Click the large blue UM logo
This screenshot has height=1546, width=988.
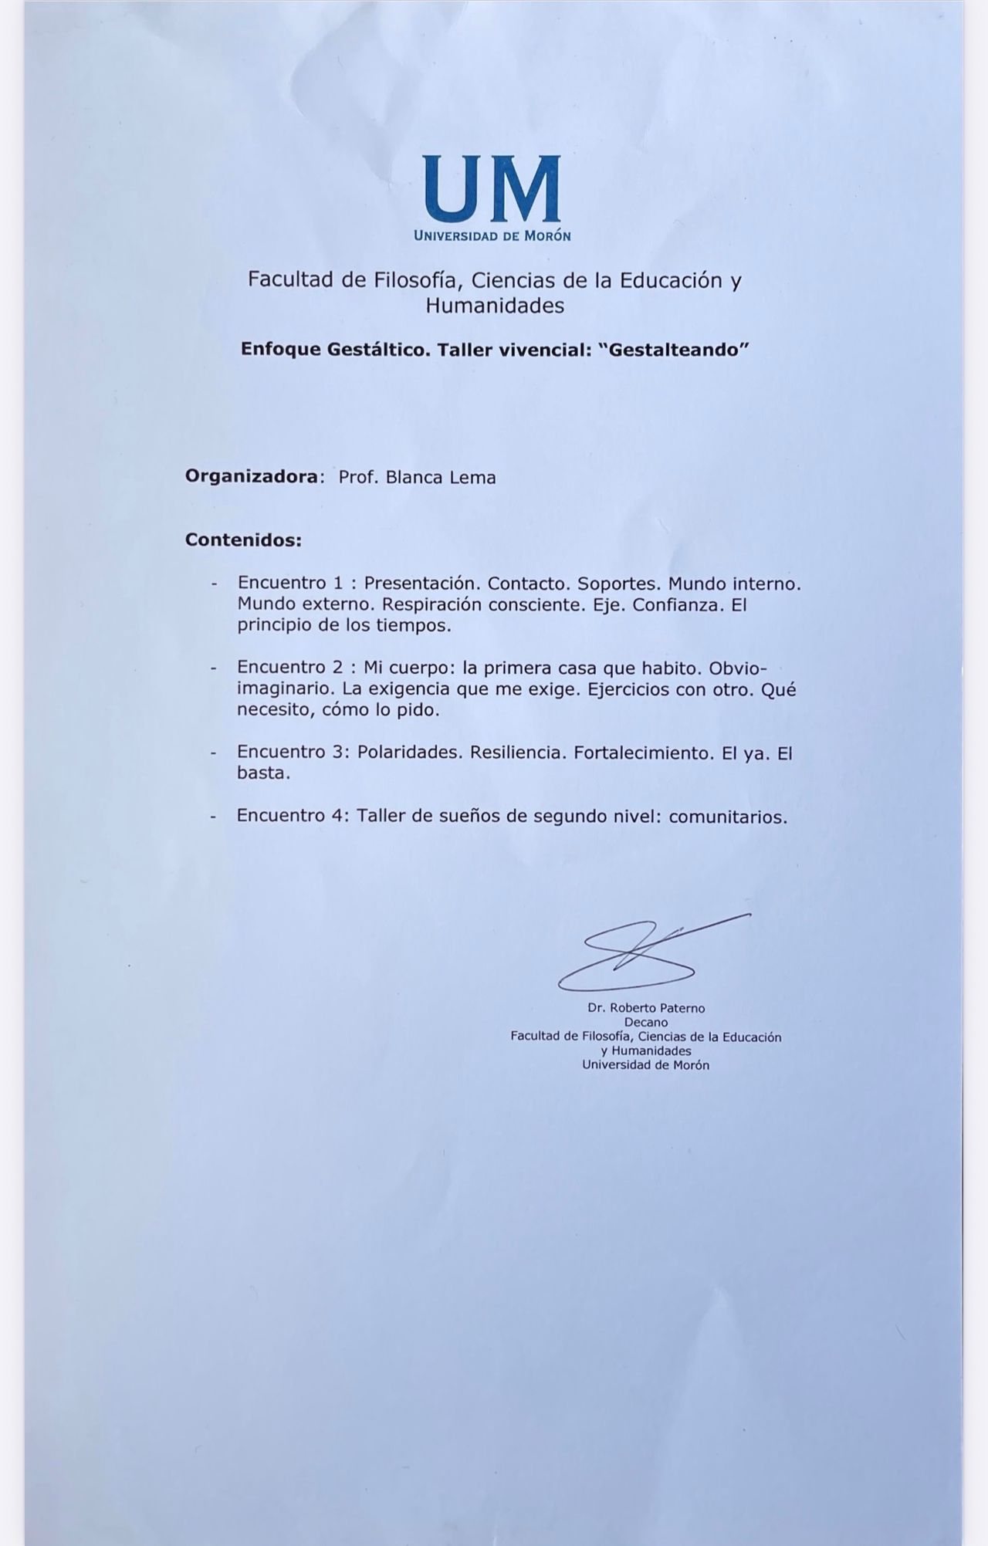[x=492, y=188]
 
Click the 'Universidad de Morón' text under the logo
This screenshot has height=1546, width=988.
[x=492, y=236]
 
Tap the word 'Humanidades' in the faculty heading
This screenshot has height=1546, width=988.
[x=495, y=306]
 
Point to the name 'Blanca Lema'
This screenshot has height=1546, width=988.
[x=440, y=478]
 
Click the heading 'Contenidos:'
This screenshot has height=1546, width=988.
[x=243, y=540]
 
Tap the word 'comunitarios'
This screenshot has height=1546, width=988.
[x=728, y=817]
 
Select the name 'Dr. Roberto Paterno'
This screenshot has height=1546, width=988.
[x=646, y=1008]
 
